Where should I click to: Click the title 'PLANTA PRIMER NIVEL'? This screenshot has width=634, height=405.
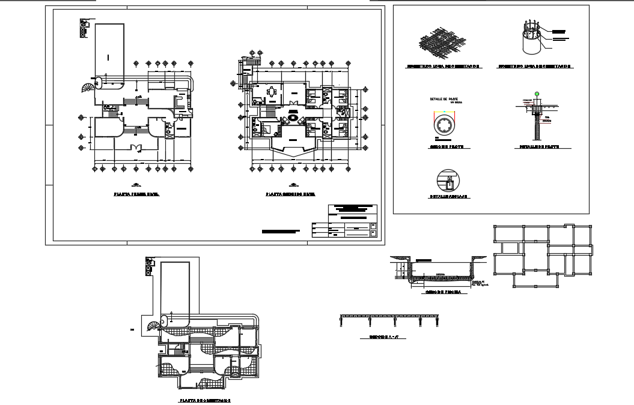(136, 195)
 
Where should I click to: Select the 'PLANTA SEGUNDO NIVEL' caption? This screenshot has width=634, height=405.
(291, 195)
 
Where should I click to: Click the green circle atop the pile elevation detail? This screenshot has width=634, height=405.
(537, 94)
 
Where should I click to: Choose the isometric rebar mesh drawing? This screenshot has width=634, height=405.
(442, 42)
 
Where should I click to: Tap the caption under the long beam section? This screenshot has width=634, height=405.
(383, 338)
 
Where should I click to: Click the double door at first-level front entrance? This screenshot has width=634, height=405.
(137, 146)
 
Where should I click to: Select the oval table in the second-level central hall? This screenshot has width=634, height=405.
(294, 119)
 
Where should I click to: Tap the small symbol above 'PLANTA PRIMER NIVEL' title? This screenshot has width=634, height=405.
(136, 184)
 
